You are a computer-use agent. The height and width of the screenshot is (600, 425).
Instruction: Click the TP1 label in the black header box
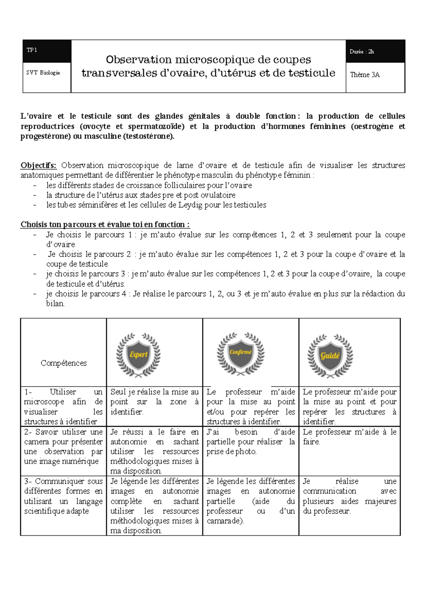32,50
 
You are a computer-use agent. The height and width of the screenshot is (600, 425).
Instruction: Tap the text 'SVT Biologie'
43,73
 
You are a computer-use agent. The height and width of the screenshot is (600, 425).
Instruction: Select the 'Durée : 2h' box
362,52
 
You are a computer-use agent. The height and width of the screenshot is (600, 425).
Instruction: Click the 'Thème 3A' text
365,75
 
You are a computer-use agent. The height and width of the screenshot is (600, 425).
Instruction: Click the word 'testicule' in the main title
312,73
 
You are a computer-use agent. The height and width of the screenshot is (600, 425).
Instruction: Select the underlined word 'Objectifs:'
38,165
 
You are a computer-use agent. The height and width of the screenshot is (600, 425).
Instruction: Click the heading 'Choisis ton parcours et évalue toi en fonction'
105,225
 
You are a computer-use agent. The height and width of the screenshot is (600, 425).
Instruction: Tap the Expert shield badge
138,354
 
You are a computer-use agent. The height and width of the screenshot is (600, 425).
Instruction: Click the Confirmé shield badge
240,353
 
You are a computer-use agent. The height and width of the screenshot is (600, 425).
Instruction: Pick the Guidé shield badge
330,355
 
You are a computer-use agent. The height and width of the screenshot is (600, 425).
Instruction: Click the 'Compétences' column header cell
64,363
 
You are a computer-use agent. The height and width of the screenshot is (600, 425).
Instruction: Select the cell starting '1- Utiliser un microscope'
63,407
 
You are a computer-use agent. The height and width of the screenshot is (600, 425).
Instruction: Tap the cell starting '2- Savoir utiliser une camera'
63,447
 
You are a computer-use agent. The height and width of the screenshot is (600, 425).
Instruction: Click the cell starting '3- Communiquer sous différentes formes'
63,496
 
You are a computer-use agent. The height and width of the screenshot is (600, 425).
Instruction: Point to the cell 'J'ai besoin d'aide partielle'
251,442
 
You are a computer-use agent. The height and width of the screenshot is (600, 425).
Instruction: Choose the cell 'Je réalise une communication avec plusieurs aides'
349,496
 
